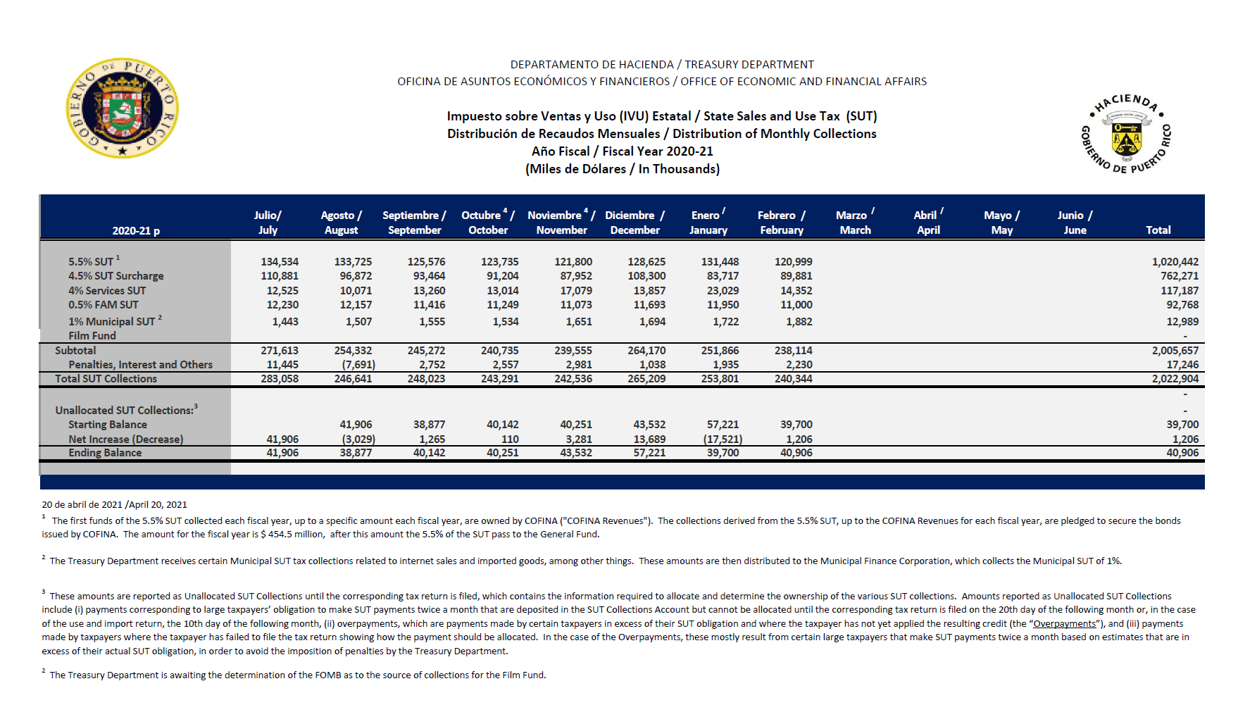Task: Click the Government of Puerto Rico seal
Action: pyautogui.click(x=122, y=108)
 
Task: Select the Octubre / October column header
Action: pyautogui.click(x=487, y=223)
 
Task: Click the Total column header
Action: pyautogui.click(x=1158, y=230)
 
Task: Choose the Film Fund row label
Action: pyautogui.click(x=92, y=336)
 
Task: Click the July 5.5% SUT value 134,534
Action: pyautogui.click(x=280, y=262)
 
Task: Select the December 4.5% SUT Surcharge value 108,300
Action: pyautogui.click(x=646, y=276)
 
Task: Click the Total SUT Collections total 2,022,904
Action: pyautogui.click(x=1175, y=379)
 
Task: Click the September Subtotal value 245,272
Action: pyautogui.click(x=426, y=351)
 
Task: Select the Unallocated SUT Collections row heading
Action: pyautogui.click(x=126, y=410)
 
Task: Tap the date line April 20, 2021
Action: pyautogui.click(x=114, y=504)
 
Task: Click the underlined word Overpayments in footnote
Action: pyautogui.click(x=1064, y=624)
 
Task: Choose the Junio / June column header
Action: pyautogui.click(x=1075, y=223)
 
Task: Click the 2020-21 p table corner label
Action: pyautogui.click(x=136, y=231)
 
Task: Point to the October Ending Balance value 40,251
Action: pyautogui.click(x=502, y=453)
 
